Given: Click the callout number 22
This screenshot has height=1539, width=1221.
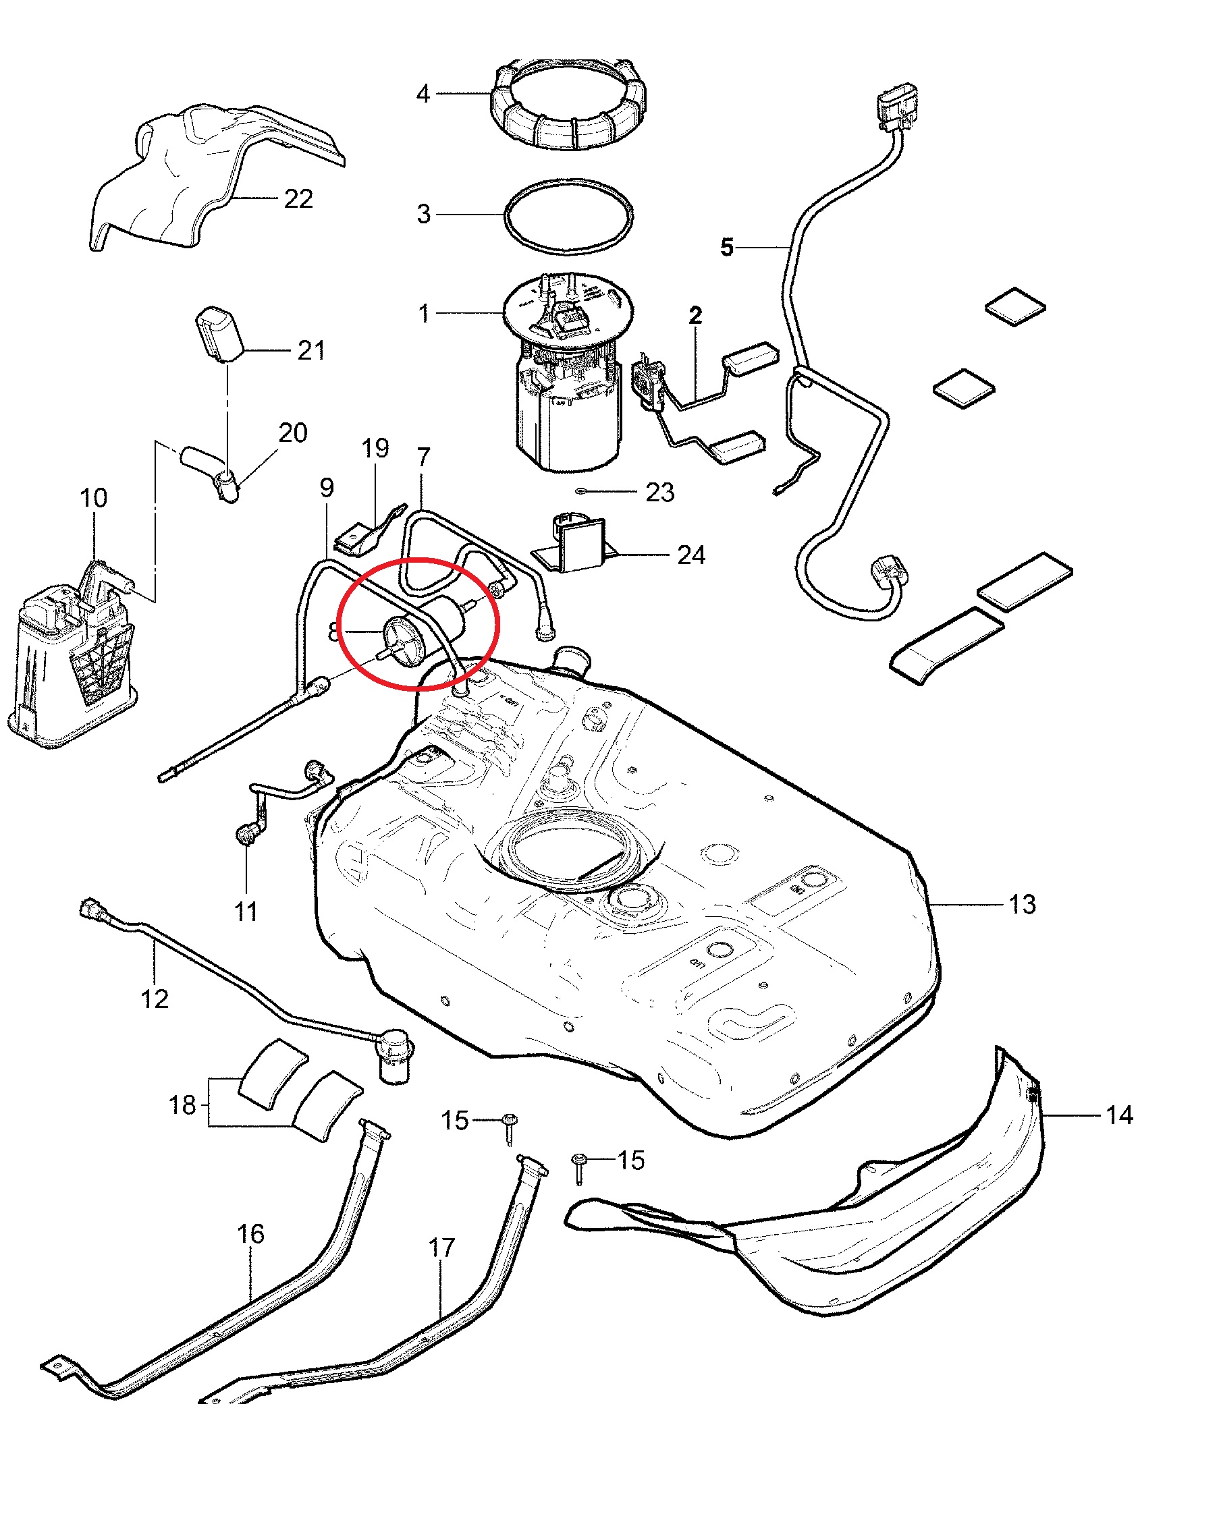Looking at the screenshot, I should point(298,198).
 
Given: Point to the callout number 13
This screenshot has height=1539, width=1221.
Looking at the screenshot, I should point(1022,904).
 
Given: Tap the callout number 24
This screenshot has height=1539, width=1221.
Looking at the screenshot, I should point(690,555).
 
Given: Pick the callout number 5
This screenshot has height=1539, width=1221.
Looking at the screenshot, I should point(726,247).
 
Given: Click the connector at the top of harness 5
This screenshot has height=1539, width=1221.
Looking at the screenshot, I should point(897,107).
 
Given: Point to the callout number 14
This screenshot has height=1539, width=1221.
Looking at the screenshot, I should point(1119,1115).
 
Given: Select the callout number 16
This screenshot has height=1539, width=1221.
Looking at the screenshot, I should point(250,1233).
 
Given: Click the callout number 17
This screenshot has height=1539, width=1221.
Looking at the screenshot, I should point(441,1247).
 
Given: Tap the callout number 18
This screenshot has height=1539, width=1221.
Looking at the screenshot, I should point(182,1104).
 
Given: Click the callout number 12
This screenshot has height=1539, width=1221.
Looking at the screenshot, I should point(155,999).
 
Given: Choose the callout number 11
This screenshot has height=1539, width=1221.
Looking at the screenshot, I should point(246,912).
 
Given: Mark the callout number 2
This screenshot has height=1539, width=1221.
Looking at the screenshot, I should point(695,315).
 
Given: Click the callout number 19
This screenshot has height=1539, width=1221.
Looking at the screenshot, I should point(375,448).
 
